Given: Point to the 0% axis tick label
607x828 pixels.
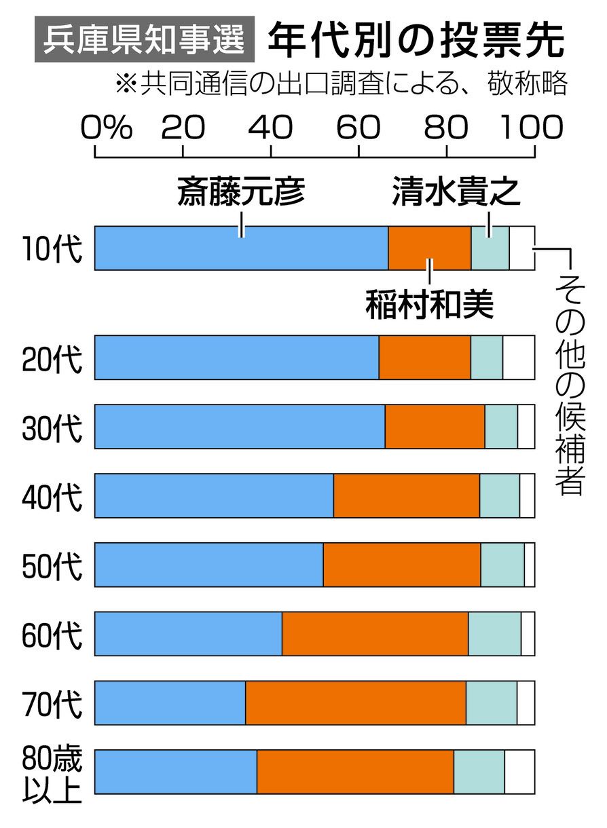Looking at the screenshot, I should point(107,127).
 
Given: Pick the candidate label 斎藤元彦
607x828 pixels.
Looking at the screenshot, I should point(241,193).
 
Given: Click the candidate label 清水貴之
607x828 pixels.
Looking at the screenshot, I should point(456,193).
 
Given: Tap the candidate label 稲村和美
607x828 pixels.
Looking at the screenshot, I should point(429,304).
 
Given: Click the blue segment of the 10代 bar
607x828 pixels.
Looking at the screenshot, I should point(241,248).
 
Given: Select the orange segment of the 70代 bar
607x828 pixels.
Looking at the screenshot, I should point(355,702).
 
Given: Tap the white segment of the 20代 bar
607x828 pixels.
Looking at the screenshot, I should point(519,357).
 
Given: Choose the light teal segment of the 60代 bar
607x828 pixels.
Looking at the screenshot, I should point(494,633).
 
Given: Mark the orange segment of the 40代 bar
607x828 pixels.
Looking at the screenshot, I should point(407,495).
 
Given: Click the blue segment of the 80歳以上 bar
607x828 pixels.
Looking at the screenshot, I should point(176,772).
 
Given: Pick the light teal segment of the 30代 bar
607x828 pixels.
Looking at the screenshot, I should point(501,426).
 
